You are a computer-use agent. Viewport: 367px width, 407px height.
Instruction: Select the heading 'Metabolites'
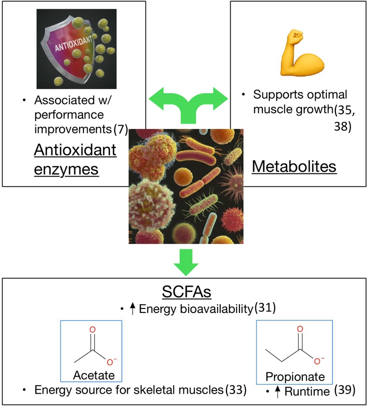[294, 167]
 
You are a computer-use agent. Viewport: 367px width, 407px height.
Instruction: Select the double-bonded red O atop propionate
[300, 329]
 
